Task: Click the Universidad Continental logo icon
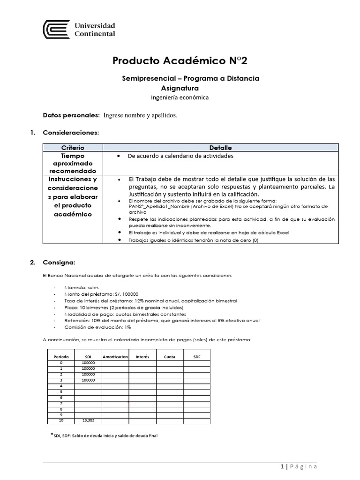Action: click(x=56, y=30)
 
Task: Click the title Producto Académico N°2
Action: click(x=180, y=60)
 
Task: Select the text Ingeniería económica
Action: click(x=180, y=97)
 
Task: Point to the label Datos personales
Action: click(x=71, y=115)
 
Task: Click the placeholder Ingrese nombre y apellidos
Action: click(x=140, y=115)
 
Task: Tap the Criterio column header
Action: click(x=73, y=148)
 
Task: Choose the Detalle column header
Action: click(x=220, y=148)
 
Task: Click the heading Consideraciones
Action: click(x=71, y=133)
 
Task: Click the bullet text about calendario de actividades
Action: click(x=180, y=156)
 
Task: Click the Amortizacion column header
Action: click(x=115, y=357)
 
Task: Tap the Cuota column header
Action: click(x=170, y=357)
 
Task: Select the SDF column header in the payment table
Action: click(x=196, y=357)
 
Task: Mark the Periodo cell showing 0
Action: click(x=61, y=363)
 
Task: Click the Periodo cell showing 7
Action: click(x=61, y=403)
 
